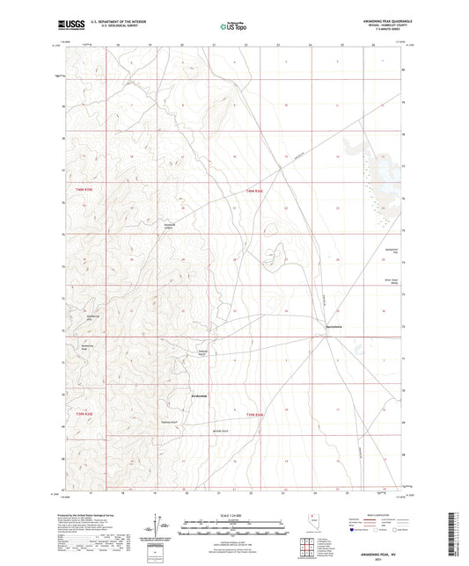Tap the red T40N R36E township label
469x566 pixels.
pos(254,189)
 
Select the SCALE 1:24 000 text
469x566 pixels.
pos(233,514)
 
